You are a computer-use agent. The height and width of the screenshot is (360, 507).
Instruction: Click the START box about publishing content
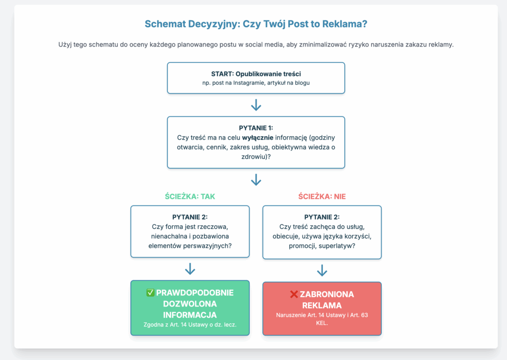(x=256, y=78)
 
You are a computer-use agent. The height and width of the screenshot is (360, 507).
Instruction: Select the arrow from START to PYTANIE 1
(x=256, y=105)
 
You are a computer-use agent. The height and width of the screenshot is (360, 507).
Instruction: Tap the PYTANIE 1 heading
(x=256, y=128)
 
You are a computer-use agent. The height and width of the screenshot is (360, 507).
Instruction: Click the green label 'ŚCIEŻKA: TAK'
(x=190, y=197)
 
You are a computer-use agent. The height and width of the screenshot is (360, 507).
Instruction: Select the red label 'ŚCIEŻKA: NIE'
(x=322, y=197)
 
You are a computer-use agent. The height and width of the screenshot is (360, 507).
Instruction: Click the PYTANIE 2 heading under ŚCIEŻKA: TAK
(x=190, y=217)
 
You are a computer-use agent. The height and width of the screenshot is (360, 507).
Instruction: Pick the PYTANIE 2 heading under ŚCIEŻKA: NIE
(x=322, y=217)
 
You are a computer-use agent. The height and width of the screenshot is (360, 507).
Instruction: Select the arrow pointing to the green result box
(x=190, y=270)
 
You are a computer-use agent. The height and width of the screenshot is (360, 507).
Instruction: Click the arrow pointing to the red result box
(x=322, y=270)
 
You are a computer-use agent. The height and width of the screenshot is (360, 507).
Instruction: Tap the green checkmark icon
(x=151, y=293)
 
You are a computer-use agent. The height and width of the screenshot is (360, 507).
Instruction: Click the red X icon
(x=294, y=294)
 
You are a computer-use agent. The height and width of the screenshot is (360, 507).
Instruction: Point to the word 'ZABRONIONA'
(x=327, y=294)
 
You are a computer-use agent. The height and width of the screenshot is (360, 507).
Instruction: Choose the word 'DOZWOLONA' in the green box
(x=190, y=304)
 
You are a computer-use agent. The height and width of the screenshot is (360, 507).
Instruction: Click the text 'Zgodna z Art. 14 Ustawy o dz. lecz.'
(x=190, y=325)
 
